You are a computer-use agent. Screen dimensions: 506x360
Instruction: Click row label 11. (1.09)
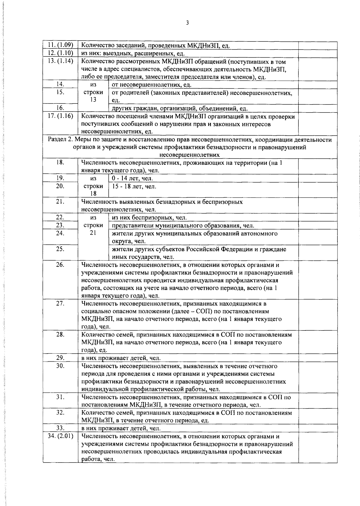(x=61, y=45)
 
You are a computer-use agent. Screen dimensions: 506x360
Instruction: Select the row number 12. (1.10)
(x=61, y=53)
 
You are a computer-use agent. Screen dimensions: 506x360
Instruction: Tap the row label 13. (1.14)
(x=61, y=61)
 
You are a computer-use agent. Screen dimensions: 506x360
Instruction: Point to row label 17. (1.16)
(x=61, y=116)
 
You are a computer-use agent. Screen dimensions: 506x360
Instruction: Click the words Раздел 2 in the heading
(x=60, y=140)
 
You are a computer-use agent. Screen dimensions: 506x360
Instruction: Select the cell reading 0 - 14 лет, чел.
(x=132, y=179)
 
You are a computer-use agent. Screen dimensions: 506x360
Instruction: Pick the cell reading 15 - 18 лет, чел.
(x=134, y=186)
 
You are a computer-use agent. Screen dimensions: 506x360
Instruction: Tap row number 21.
(x=60, y=202)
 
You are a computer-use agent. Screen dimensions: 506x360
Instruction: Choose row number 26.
(x=60, y=265)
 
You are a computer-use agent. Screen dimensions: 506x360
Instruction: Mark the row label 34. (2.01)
(x=61, y=436)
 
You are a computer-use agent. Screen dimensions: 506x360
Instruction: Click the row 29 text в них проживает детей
(x=121, y=358)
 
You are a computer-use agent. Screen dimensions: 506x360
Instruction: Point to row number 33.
(x=60, y=428)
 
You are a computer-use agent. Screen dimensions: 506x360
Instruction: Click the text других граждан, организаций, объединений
(x=180, y=108)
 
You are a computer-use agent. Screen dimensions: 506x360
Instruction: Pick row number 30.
(x=60, y=366)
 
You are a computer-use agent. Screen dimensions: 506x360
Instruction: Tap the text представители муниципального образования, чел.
(x=183, y=225)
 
